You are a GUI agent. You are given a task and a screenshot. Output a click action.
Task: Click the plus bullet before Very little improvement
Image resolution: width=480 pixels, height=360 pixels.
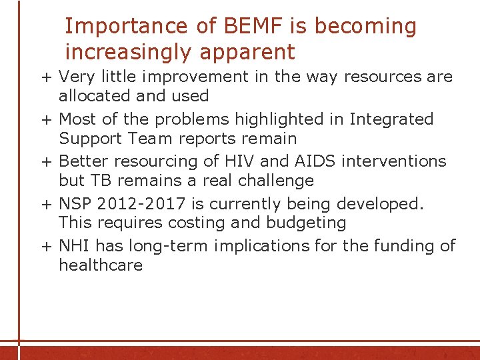coord(47,77)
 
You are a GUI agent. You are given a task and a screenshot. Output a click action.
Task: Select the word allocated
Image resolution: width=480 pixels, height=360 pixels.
coord(95,96)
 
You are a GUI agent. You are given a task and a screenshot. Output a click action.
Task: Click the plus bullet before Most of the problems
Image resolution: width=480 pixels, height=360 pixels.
coord(47,120)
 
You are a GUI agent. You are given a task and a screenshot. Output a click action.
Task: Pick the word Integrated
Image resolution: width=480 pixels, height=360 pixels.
coord(391,119)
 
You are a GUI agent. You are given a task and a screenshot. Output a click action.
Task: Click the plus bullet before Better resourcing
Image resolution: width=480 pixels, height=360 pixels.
coord(47,162)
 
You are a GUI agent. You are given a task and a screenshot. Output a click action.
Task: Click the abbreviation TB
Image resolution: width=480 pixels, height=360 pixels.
coord(97,181)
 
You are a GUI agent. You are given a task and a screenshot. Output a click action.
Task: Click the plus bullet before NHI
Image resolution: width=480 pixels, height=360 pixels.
coord(47,247)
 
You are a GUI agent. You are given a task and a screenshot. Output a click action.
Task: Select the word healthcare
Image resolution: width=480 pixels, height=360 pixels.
coord(101,265)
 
